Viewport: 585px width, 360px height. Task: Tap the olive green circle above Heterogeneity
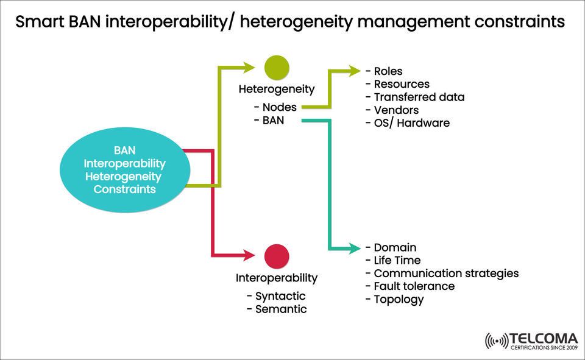point(277,68)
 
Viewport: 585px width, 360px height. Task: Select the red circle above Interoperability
point(277,256)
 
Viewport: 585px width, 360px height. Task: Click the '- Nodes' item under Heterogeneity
point(275,107)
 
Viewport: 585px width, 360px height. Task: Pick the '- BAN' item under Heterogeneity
point(268,121)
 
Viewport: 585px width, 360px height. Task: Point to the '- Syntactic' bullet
point(276,296)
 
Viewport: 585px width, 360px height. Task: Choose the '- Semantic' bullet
point(277,309)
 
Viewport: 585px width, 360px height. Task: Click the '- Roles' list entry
point(384,71)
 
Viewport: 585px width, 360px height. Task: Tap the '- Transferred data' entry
point(414,97)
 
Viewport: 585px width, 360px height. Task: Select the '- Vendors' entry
point(392,110)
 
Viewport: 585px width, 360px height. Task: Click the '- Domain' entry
point(391,247)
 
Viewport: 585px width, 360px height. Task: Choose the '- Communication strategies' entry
point(442,273)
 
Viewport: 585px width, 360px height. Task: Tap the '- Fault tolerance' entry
point(409,286)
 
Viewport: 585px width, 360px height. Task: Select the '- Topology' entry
point(394,299)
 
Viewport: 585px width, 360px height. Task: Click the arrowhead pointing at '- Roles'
point(355,71)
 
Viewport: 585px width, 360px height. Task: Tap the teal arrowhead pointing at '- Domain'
point(355,248)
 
